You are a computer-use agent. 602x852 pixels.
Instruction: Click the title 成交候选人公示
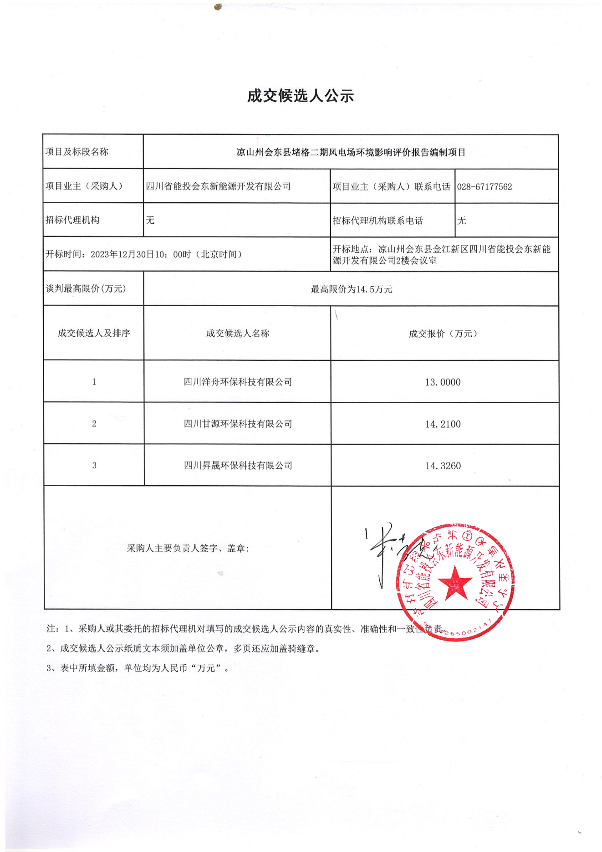pos(301,96)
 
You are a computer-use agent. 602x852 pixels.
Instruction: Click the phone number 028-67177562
pos(485,187)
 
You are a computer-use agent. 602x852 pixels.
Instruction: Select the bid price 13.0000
pos(443,382)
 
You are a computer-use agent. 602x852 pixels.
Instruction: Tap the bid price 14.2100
pos(443,424)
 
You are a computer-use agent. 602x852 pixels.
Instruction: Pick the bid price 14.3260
pos(443,466)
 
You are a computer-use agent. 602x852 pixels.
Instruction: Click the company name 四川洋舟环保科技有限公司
pos(238,382)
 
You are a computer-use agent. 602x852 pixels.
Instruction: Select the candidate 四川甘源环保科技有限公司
pos(238,424)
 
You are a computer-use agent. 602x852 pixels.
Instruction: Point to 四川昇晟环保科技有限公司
pos(238,466)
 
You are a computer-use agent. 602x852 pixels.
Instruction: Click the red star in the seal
pos(455,583)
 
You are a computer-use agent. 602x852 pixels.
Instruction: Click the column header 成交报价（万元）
pos(443,334)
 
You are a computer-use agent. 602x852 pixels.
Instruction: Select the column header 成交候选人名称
pos(238,334)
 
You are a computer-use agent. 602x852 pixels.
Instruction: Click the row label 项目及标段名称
pos(77,152)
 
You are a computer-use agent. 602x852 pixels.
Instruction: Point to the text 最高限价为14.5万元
pos(351,289)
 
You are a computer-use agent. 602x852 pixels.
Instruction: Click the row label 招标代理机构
pos(72,220)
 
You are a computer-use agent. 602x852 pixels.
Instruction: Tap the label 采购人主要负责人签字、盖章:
pos(188,549)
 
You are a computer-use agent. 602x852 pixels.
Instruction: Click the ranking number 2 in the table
pos(94,424)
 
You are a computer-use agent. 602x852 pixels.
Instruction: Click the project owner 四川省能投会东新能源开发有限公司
pos(218,186)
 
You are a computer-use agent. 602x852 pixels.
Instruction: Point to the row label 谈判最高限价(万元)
pos(86,289)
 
